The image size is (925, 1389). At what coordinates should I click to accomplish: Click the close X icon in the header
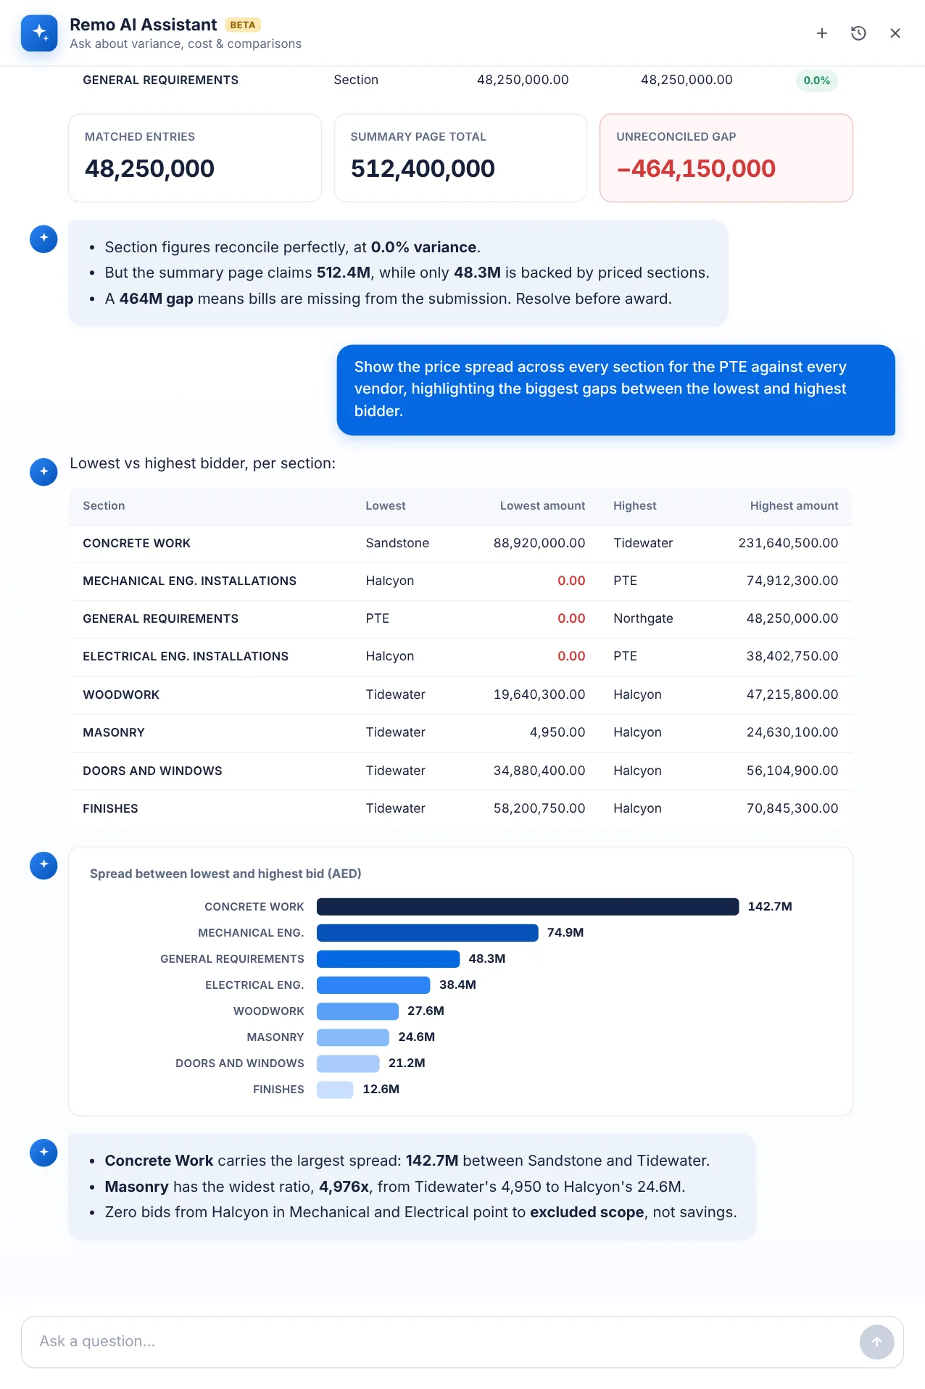pos(895,33)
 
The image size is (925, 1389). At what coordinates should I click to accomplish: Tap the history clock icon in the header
pos(858,33)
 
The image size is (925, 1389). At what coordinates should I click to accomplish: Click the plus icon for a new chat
pos(822,33)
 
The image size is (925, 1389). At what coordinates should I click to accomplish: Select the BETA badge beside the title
pos(243,25)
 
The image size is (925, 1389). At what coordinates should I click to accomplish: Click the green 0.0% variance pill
pos(817,80)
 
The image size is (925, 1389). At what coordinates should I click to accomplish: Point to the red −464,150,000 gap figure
pos(696,169)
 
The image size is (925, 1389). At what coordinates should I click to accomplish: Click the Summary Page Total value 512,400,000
pos(423,169)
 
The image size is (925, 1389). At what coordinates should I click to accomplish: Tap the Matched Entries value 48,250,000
pos(149,169)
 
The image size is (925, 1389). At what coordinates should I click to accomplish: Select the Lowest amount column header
pos(542,506)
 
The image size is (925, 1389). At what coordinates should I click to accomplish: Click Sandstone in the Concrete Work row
pos(397,543)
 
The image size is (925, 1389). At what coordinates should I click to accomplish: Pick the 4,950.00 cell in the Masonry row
pos(557,732)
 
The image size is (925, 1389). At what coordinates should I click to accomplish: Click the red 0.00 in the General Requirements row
pos(571,618)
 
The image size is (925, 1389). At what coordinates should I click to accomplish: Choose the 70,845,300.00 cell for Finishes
pos(792,808)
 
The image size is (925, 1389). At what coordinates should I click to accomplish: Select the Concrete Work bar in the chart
pos(528,907)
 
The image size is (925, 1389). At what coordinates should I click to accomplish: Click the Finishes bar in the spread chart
pos(335,1090)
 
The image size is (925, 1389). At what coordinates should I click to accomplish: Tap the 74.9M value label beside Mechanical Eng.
pos(565,933)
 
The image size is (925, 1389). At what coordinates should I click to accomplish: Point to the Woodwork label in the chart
pos(269,1011)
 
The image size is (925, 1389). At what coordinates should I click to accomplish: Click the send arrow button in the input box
pos(876,1342)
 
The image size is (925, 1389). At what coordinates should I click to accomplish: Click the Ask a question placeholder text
pos(97,1341)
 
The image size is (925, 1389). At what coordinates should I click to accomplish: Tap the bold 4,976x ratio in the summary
pos(344,1187)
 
